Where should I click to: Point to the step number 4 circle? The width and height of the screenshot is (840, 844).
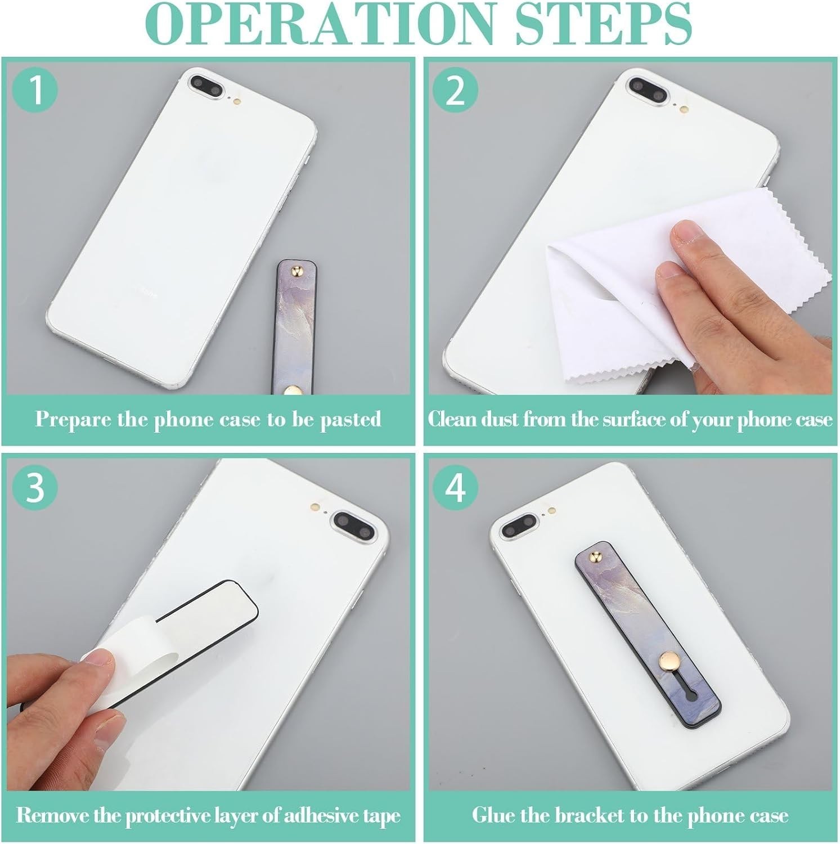click(x=455, y=487)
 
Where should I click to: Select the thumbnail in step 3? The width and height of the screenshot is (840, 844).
click(x=100, y=659)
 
